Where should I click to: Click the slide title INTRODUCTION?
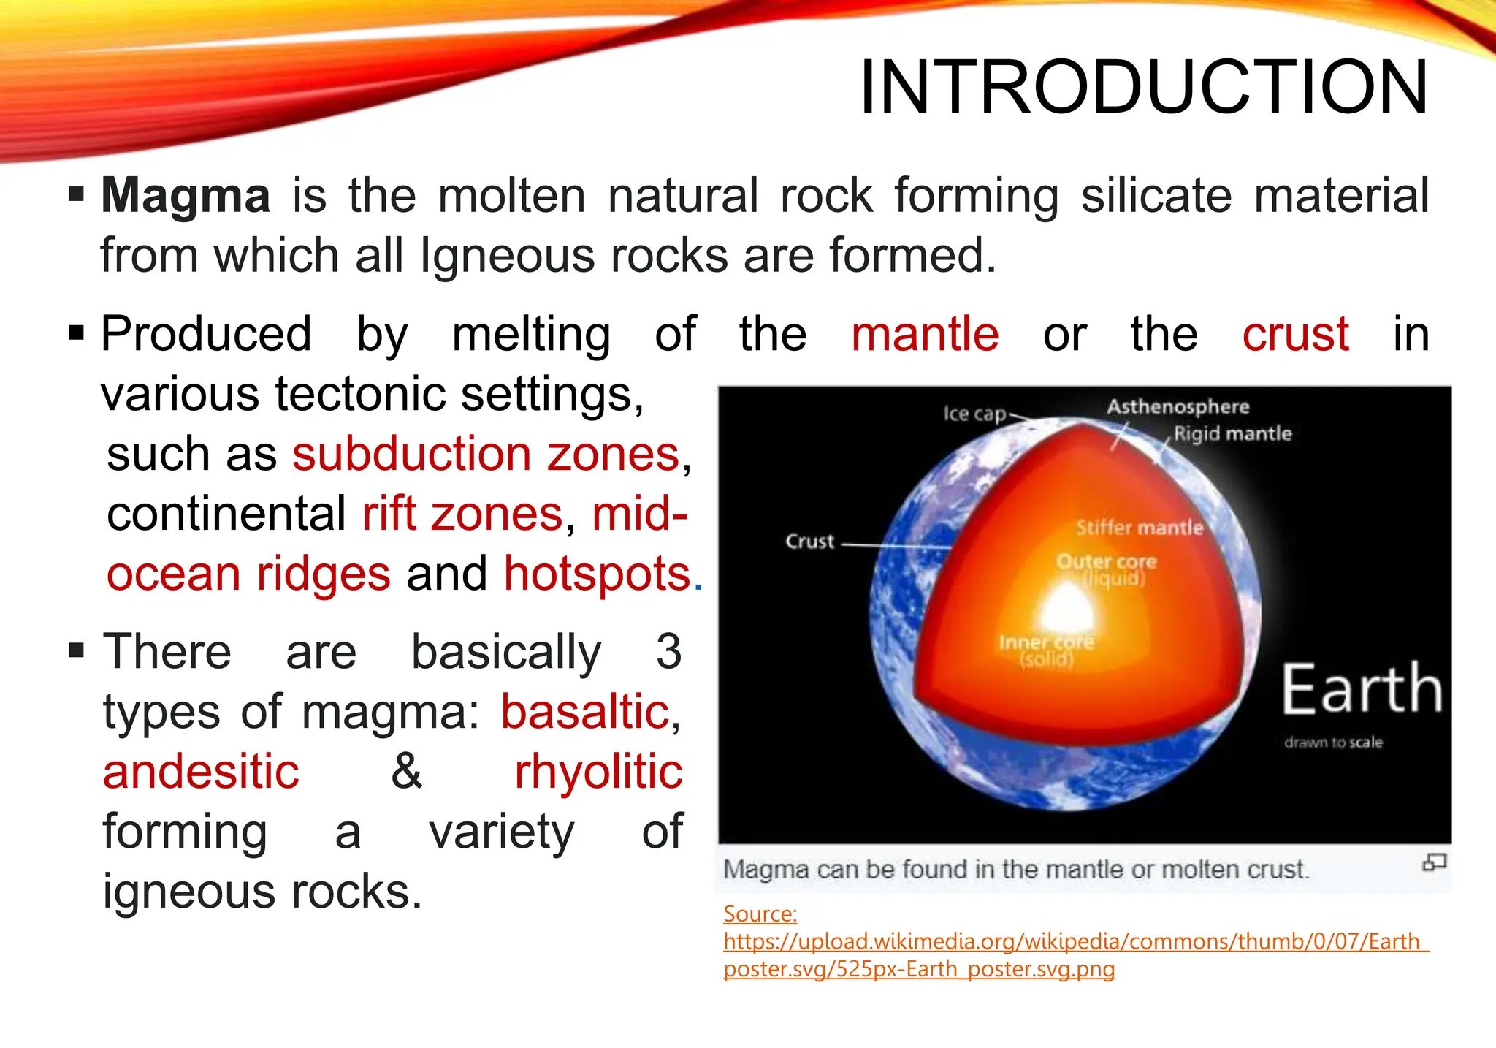click(x=1143, y=88)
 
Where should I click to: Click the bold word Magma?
click(x=186, y=196)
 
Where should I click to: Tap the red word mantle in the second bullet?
click(x=925, y=334)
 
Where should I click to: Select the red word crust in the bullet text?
click(x=1295, y=334)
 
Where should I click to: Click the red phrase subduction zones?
click(x=486, y=454)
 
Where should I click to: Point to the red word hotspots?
click(x=597, y=574)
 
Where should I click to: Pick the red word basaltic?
click(x=585, y=712)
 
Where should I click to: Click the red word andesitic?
click(x=201, y=772)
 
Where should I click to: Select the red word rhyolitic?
click(x=598, y=772)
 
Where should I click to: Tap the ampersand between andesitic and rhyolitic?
click(x=407, y=772)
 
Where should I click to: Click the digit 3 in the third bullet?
click(x=668, y=652)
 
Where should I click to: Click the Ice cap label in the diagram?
click(x=974, y=414)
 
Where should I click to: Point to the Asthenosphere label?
click(x=1178, y=407)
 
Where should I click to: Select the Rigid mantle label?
click(x=1232, y=434)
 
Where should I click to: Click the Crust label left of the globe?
click(x=809, y=542)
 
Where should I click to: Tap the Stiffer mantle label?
click(x=1139, y=528)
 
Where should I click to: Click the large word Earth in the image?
click(x=1362, y=689)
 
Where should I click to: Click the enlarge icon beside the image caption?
click(x=1434, y=863)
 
